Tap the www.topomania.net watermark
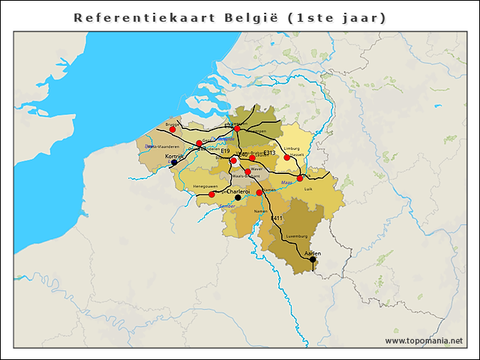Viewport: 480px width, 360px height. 424,340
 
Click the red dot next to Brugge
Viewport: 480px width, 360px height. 172,129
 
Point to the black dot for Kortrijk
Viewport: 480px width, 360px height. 174,162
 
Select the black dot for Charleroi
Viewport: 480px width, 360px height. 238,198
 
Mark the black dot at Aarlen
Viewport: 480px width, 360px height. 313,259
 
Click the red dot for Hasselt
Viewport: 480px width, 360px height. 286,157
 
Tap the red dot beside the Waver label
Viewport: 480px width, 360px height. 247,172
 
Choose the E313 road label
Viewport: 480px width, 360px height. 270,153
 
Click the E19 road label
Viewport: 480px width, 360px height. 225,151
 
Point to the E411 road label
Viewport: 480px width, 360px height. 276,218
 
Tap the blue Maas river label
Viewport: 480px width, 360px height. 286,182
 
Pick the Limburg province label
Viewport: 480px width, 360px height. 292,148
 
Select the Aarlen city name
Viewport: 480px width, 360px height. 313,253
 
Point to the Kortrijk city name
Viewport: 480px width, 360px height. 174,155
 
